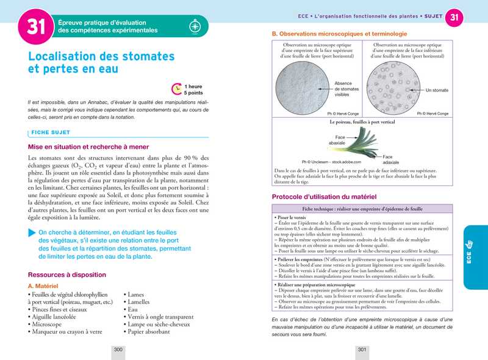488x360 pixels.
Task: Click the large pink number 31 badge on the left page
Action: (35, 27)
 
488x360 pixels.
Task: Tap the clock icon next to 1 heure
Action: (176, 89)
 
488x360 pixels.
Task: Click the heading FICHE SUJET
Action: (52, 132)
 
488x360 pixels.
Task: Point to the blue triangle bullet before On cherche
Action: (32, 232)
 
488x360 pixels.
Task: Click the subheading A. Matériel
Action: (43, 286)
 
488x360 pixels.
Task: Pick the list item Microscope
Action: (49, 325)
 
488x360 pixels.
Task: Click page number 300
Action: (118, 350)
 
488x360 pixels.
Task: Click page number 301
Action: (362, 350)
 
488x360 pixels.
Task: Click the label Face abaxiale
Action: (337, 140)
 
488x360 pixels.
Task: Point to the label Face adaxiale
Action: (391, 160)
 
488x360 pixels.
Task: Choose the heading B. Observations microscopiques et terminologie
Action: (339, 34)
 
